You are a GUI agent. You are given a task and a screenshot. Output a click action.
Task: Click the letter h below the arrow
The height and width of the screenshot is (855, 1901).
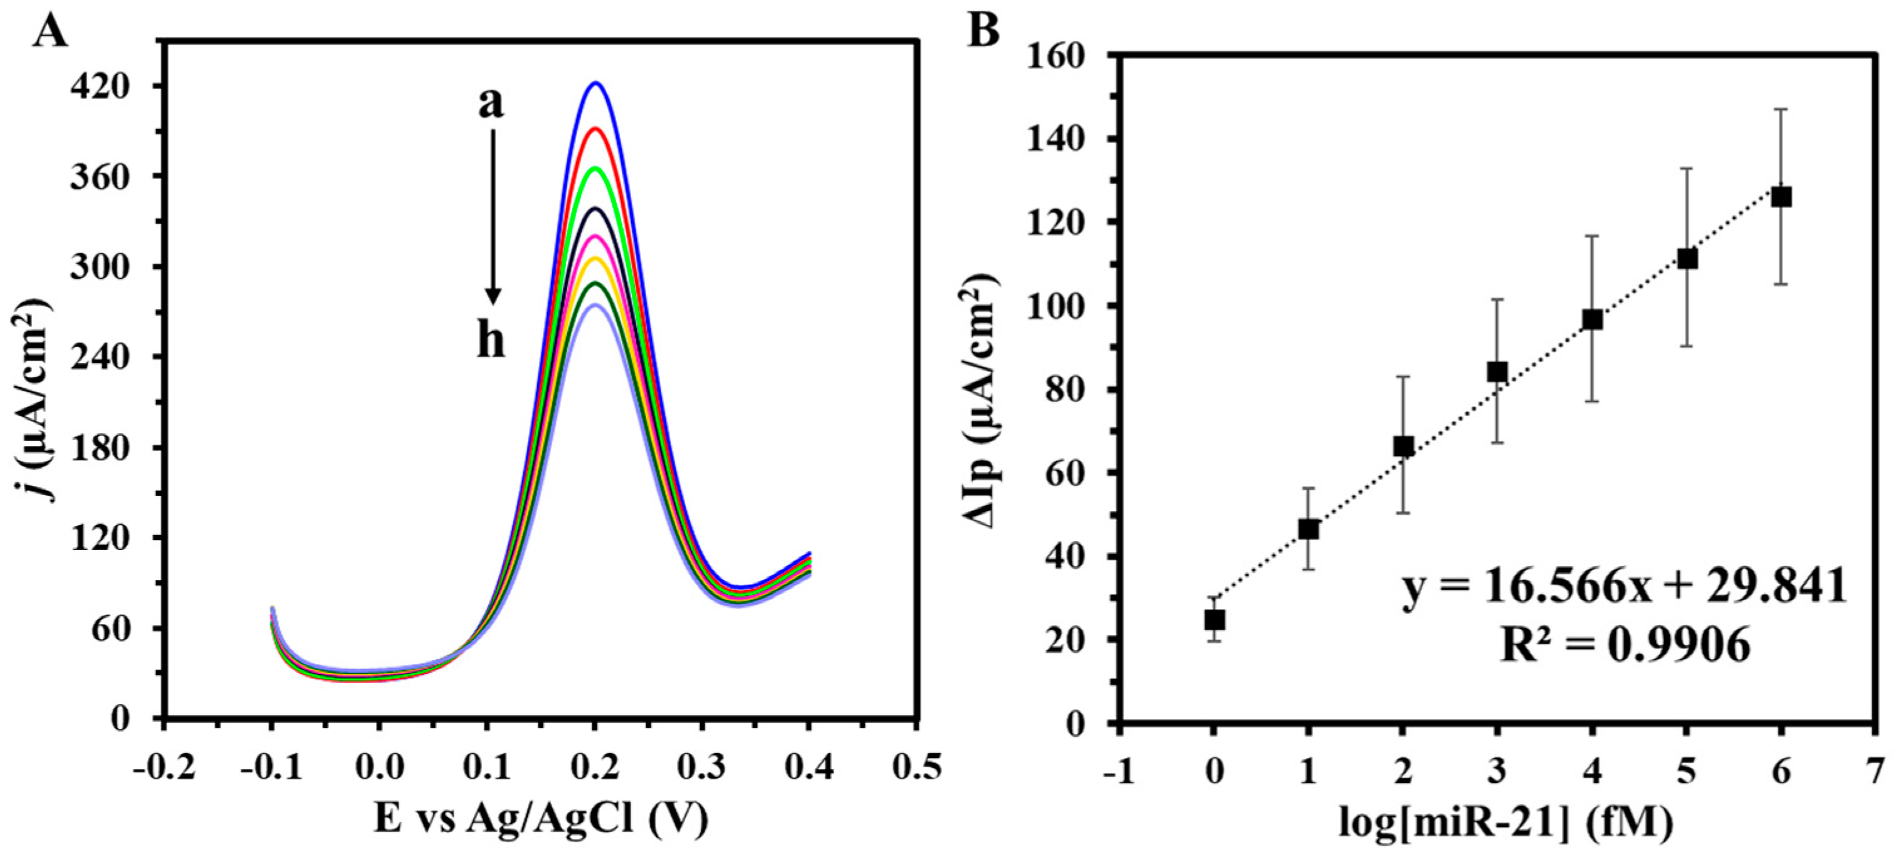coord(491,341)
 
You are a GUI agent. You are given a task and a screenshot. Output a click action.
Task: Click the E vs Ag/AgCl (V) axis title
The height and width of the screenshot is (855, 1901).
coord(541,819)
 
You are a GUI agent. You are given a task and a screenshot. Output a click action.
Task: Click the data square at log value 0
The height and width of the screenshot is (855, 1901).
coord(1214,619)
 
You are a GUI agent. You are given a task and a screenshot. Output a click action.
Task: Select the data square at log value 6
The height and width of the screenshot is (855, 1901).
coord(1781,197)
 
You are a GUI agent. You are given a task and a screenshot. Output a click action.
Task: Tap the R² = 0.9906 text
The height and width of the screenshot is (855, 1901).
coord(1625,646)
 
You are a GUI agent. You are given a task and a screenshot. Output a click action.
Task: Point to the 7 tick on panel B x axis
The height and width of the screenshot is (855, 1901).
coord(1875,772)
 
